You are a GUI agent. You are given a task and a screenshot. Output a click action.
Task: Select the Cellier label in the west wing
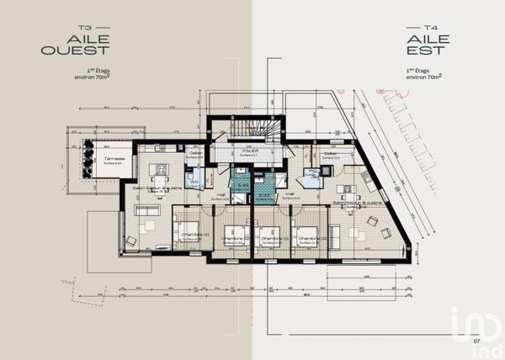pyautogui.click(x=194, y=153)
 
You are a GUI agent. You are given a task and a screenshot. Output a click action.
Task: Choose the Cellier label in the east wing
pyautogui.click(x=330, y=153)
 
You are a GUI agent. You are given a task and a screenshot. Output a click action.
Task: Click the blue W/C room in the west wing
pyautogui.click(x=194, y=181)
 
